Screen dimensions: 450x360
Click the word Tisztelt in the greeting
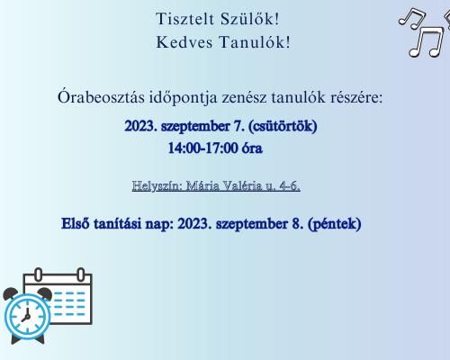(184, 19)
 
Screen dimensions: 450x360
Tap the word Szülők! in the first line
(249, 19)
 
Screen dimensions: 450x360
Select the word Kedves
(184, 42)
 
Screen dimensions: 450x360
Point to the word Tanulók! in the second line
(255, 42)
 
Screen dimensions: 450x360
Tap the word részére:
(356, 98)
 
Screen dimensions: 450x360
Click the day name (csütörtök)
(283, 126)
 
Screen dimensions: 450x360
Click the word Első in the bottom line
(75, 224)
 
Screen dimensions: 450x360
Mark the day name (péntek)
(335, 224)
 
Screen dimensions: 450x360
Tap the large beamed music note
(427, 42)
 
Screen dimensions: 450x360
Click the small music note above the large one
(412, 19)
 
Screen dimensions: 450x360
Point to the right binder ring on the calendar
(81, 274)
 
